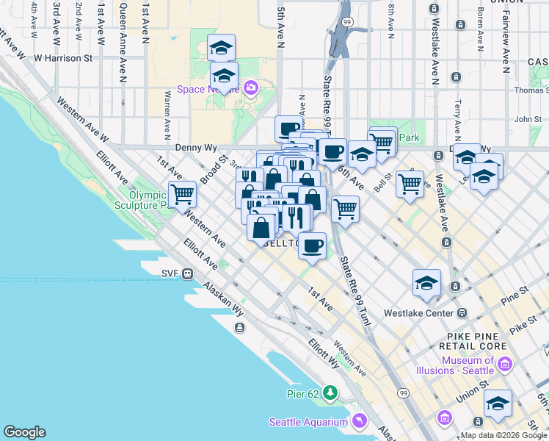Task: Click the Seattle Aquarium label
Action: pos(308,422)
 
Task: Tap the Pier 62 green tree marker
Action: pos(331,393)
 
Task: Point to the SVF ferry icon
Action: pos(189,273)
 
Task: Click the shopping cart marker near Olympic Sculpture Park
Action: pos(182,195)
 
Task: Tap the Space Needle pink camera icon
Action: pos(251,89)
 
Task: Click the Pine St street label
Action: pos(515,297)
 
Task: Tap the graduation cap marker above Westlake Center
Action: pos(426,283)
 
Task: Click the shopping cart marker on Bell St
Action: pos(410,183)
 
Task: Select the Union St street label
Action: pos(475,387)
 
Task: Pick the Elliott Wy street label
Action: pos(324,352)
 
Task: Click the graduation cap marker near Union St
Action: pos(498,404)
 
